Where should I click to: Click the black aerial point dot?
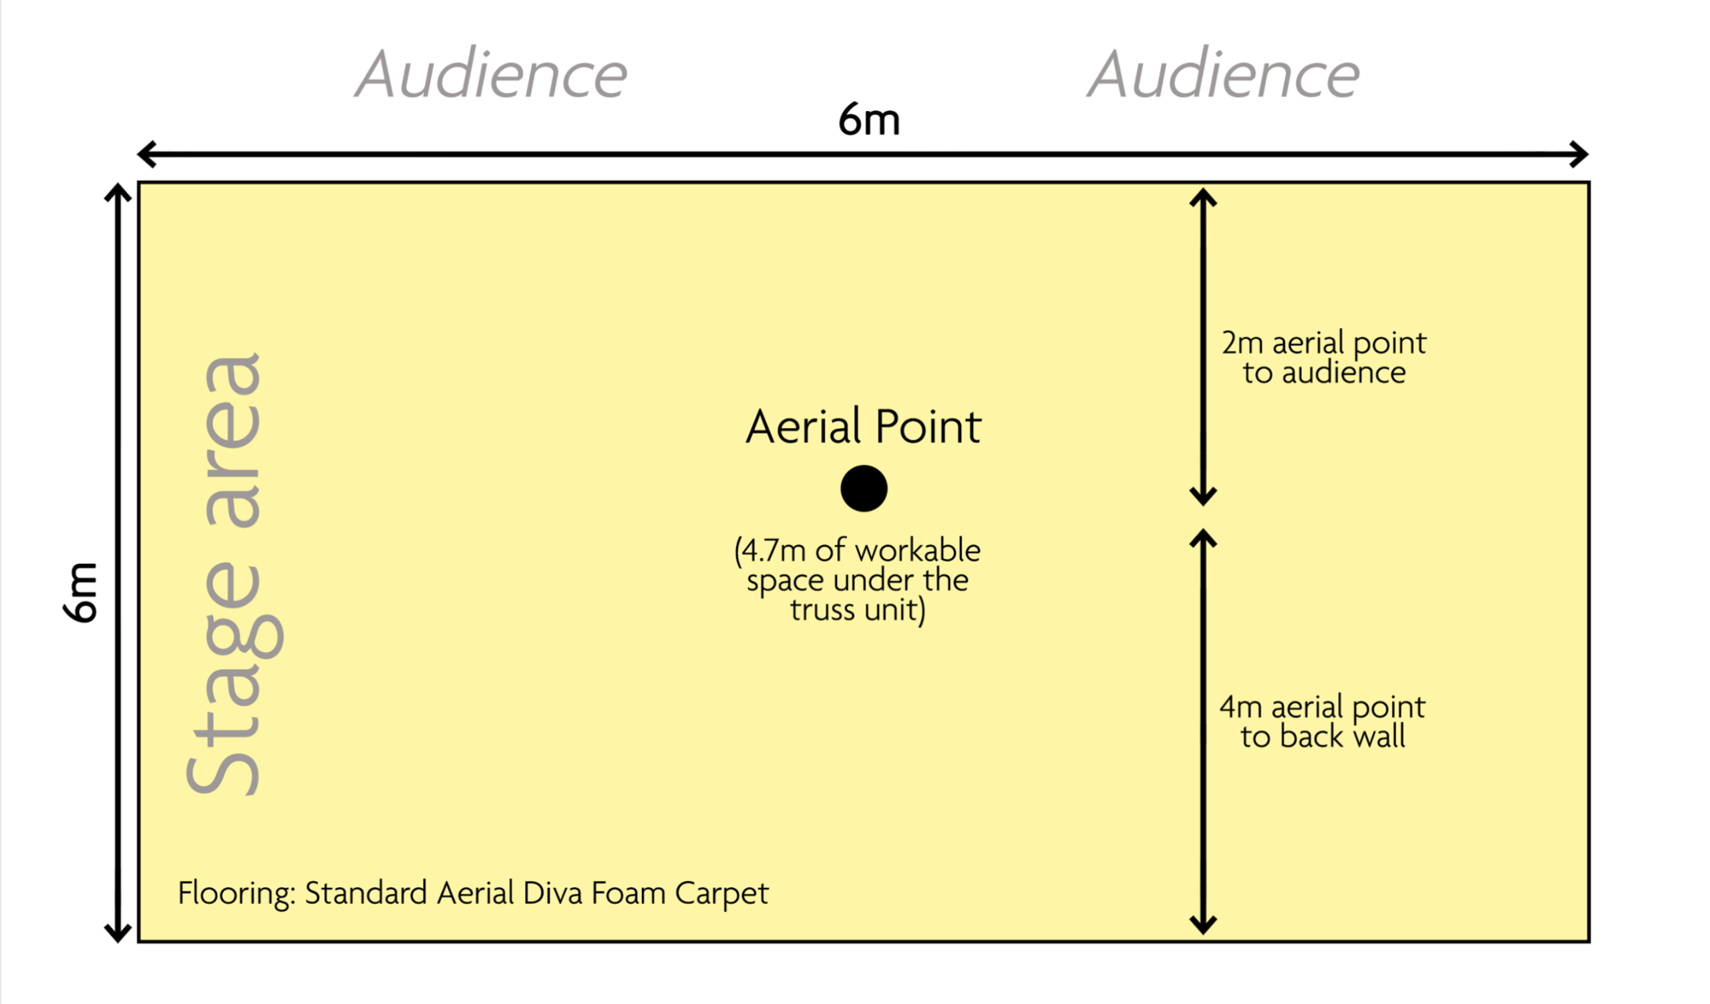(864, 488)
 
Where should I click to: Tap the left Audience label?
(491, 75)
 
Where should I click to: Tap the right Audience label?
(1224, 75)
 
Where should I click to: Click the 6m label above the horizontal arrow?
(869, 120)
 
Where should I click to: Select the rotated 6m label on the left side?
(81, 592)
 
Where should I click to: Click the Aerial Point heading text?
(864, 427)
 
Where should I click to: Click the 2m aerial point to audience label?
(1324, 357)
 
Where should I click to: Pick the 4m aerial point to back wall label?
(1323, 722)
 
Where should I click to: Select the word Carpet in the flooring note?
(722, 893)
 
